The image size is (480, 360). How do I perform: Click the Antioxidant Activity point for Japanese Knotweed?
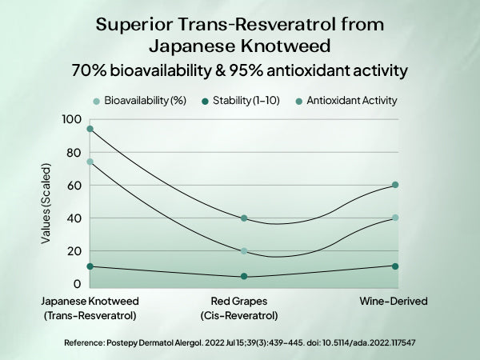pos(90,129)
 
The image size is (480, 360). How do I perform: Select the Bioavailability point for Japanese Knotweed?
pos(90,162)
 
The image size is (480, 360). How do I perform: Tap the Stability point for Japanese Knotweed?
pos(90,266)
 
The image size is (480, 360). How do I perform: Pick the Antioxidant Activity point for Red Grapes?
pos(244,218)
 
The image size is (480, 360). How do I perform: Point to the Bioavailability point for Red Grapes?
pos(244,251)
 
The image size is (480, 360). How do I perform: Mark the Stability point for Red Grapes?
pos(244,277)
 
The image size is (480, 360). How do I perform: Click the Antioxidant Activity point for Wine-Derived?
pos(395,185)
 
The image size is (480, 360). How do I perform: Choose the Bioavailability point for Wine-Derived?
pos(395,218)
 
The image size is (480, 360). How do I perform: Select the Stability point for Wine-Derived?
pos(395,266)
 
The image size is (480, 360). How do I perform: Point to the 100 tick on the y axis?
pos(72,119)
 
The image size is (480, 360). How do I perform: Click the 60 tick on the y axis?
pos(73,186)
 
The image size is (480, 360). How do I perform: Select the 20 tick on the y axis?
pos(73,251)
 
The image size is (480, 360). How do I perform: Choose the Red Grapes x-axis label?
pos(244,302)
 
